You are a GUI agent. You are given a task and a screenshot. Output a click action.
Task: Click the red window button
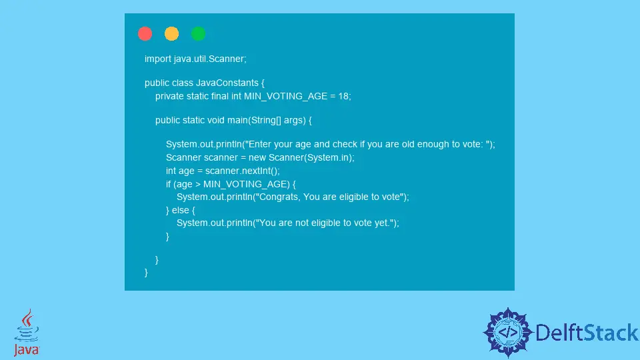[145, 33]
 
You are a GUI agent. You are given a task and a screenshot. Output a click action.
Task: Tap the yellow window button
[171, 33]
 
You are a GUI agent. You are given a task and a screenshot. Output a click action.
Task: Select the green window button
[198, 33]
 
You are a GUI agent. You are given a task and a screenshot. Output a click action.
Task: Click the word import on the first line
[157, 59]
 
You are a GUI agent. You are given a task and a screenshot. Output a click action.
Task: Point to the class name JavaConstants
[227, 83]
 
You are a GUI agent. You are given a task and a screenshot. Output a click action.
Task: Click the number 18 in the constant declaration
[343, 96]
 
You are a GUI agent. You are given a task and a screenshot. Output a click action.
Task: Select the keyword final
[219, 96]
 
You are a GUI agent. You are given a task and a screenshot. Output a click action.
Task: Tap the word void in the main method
[216, 121]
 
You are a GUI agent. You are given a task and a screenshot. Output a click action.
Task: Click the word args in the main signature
[295, 121]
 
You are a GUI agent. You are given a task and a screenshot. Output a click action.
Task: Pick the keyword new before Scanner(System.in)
[257, 157]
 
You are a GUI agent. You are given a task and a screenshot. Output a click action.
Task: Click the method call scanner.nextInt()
[241, 171]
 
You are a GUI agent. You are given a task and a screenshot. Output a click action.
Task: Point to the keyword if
[168, 184]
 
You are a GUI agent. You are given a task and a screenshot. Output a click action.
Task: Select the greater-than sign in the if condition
[198, 185]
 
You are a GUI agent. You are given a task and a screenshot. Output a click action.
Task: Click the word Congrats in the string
[279, 197]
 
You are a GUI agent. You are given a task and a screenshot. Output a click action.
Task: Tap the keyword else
[181, 210]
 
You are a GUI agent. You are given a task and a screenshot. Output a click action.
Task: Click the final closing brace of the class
[146, 272]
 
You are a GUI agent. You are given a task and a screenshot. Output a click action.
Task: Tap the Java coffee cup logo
[27, 332]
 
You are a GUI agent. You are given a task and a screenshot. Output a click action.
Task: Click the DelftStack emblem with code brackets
[508, 332]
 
